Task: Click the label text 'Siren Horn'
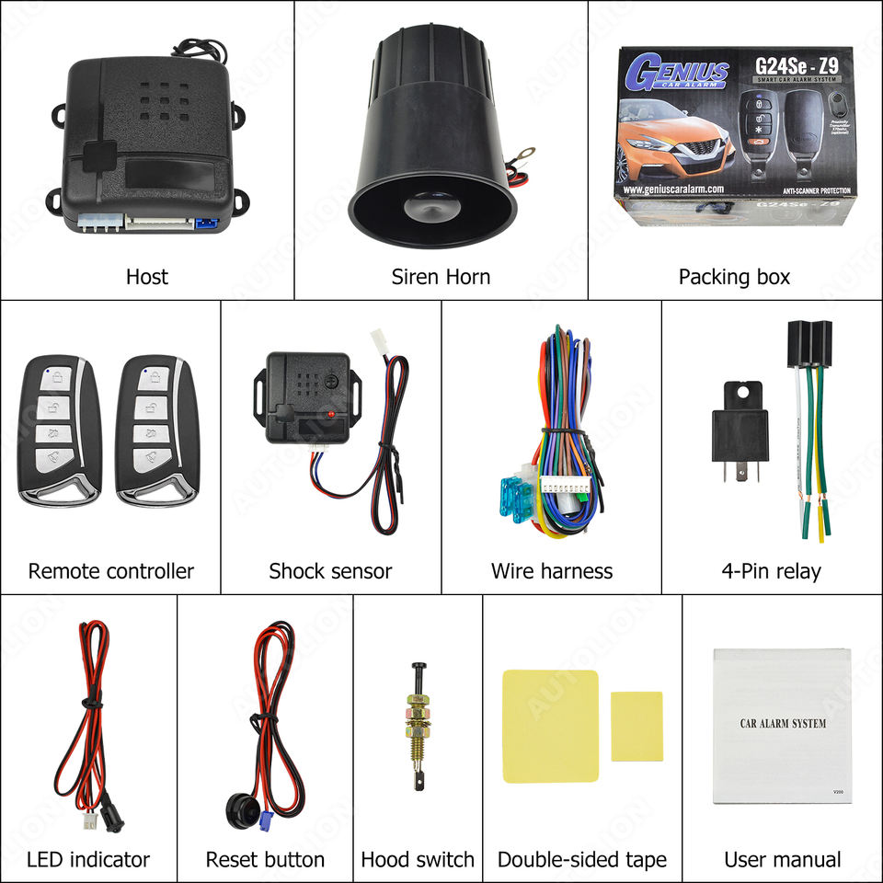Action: pos(441,277)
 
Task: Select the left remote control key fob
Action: pos(60,430)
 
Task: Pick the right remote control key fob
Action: pos(155,430)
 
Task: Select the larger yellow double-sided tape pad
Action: pos(550,726)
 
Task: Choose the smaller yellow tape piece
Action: pos(636,726)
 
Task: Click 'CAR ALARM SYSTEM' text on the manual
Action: pos(783,724)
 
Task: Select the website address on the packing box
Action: pos(672,189)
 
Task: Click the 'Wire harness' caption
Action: pos(551,571)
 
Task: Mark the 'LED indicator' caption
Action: pos(88,860)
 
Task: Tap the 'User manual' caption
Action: pos(783,860)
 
